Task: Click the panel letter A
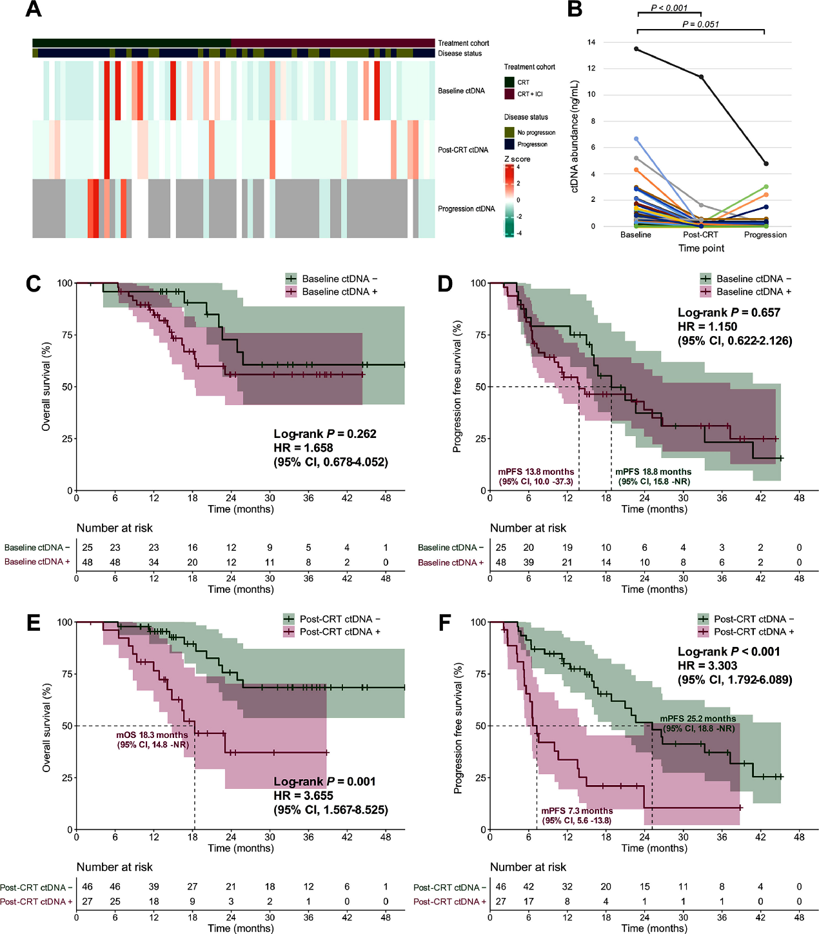pyautogui.click(x=33, y=9)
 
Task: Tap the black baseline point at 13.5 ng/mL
pyautogui.click(x=636, y=49)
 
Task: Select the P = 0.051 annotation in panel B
pyautogui.click(x=700, y=25)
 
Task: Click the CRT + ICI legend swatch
pyautogui.click(x=509, y=94)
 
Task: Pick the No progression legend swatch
pyautogui.click(x=509, y=132)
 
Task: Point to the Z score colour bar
pyautogui.click(x=509, y=201)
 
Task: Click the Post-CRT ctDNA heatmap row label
pyautogui.click(x=463, y=150)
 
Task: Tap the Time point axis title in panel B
pyautogui.click(x=701, y=248)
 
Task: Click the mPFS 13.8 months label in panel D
pyautogui.click(x=536, y=472)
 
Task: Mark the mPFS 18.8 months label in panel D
pyautogui.click(x=653, y=472)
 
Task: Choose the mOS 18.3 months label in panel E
pyautogui.click(x=152, y=735)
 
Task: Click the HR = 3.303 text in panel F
pyautogui.click(x=707, y=666)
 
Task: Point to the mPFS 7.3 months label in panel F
pyautogui.click(x=577, y=811)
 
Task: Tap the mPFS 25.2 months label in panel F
pyautogui.click(x=698, y=719)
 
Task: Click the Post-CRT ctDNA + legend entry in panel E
pyautogui.click(x=339, y=632)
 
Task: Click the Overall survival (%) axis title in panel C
pyautogui.click(x=46, y=387)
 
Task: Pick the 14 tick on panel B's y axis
pyautogui.click(x=591, y=43)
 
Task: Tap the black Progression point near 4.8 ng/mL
pyautogui.click(x=765, y=164)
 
